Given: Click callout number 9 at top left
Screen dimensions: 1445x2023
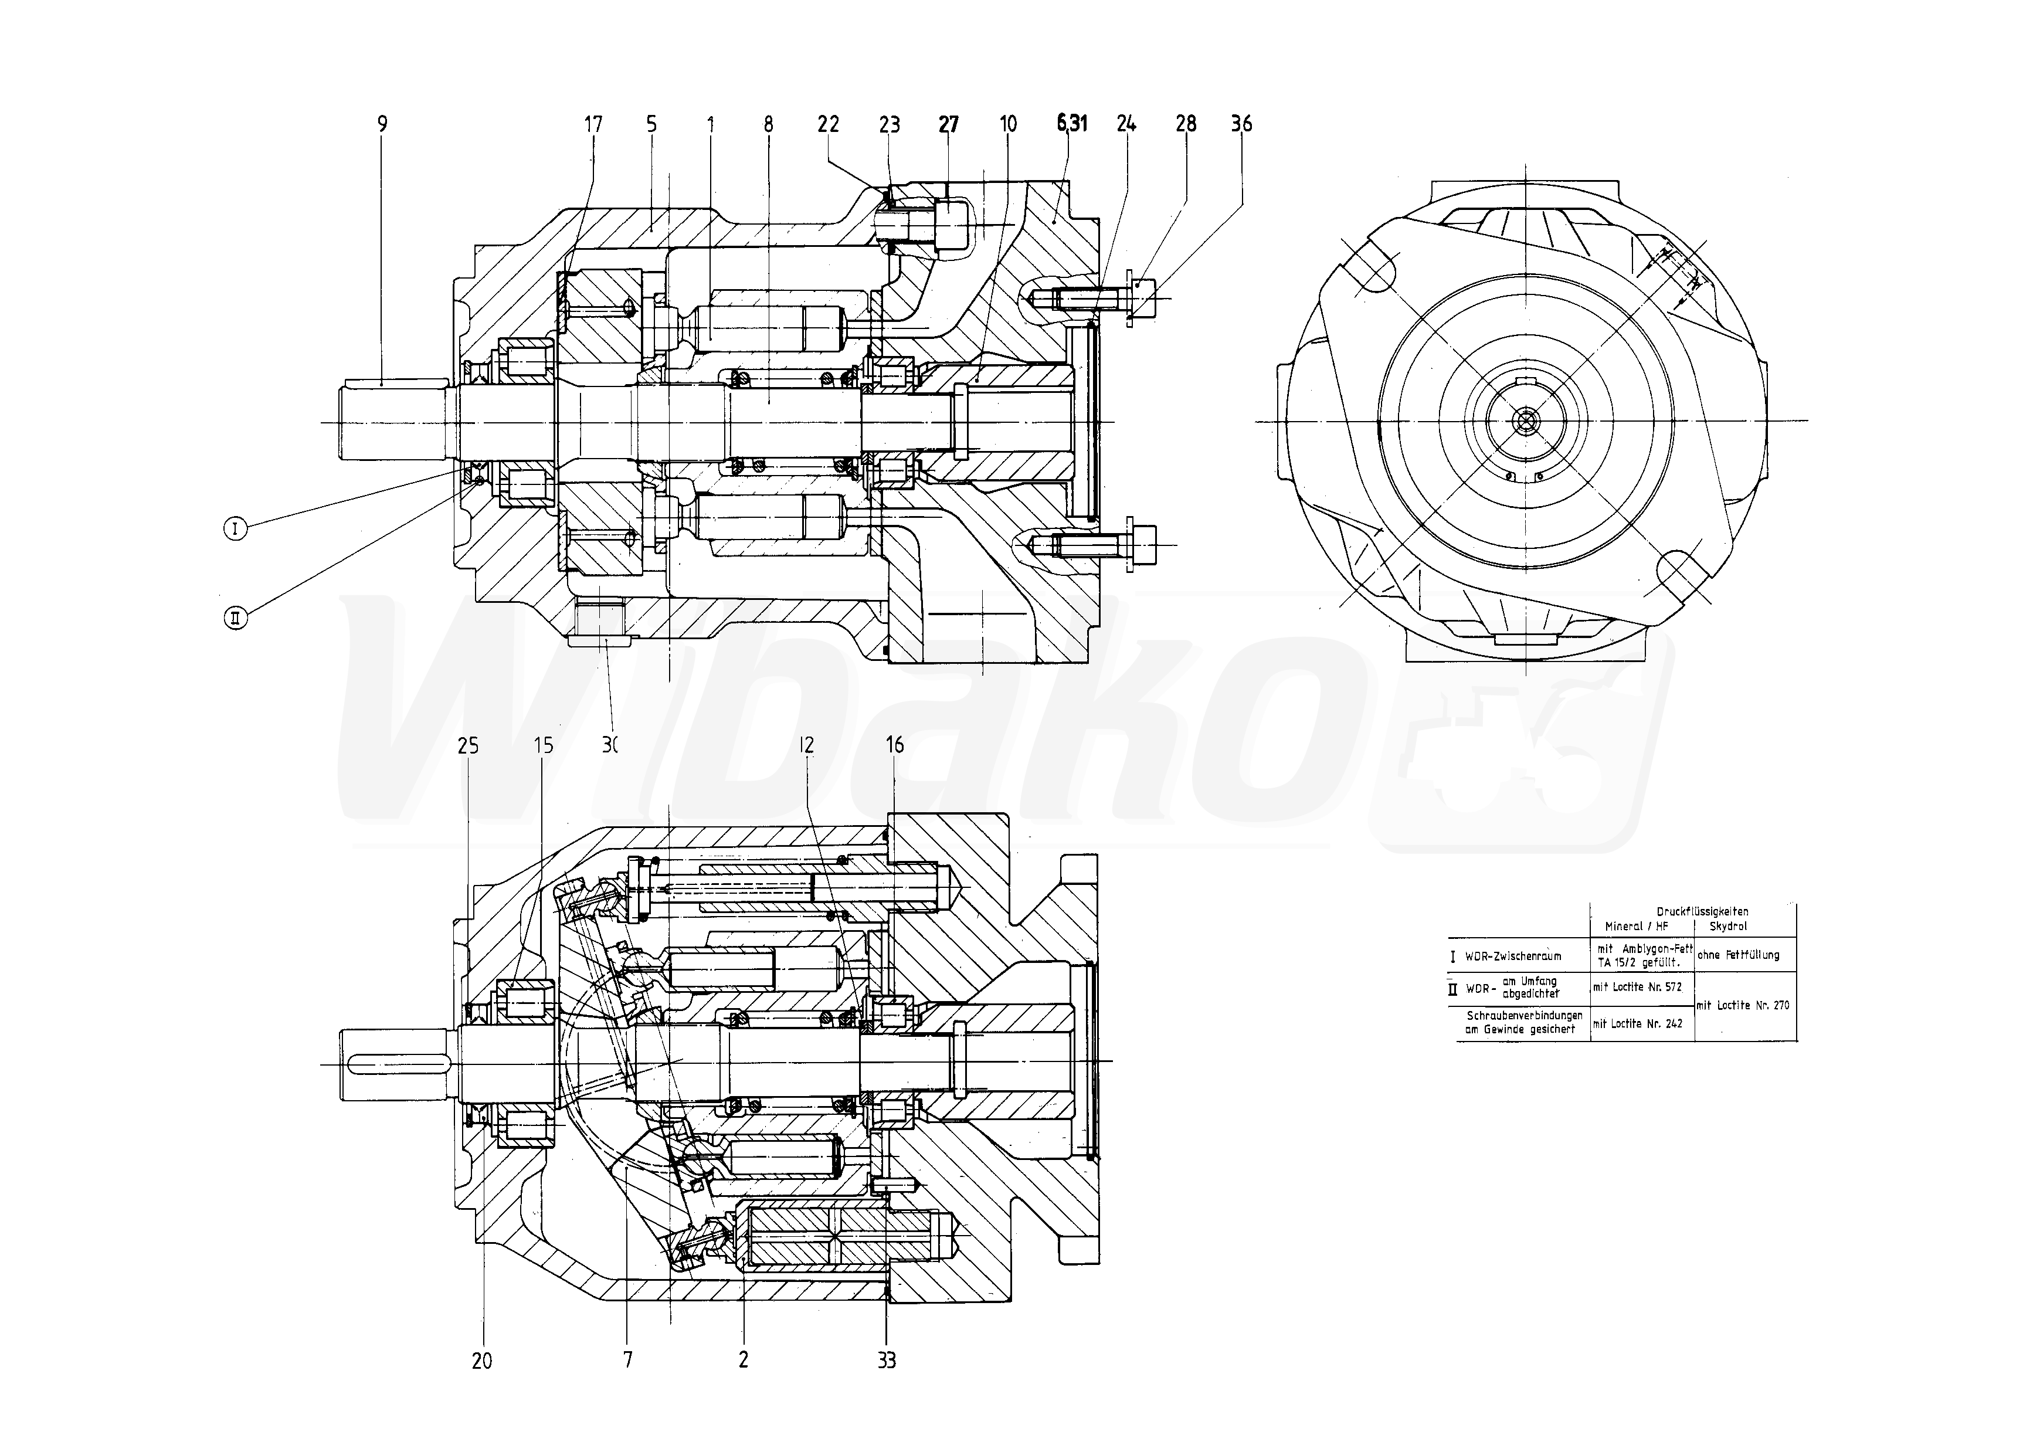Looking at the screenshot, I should tap(382, 124).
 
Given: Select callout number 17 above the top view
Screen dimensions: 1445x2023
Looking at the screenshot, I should tap(593, 124).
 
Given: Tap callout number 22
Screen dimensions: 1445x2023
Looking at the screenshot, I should tap(828, 124).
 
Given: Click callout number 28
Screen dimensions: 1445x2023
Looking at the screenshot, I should tap(1186, 124).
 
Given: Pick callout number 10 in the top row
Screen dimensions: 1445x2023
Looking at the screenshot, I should tap(1008, 124).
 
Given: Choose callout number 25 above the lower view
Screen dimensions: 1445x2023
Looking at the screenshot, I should tap(468, 745).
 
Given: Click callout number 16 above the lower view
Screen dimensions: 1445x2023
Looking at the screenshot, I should tap(895, 745).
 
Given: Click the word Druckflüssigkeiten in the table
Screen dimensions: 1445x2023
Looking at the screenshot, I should tap(1702, 911).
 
